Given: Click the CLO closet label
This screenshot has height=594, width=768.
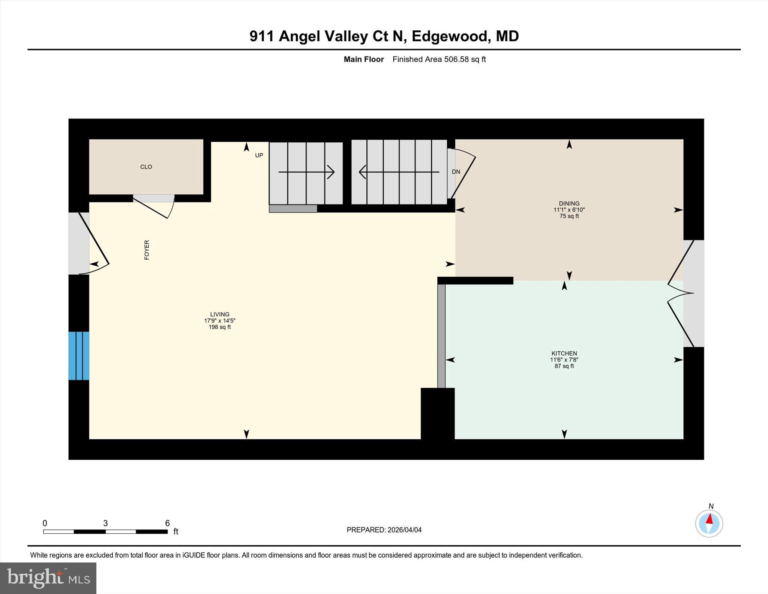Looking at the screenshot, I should click(146, 167).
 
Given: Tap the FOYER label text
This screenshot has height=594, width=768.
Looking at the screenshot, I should click(147, 250).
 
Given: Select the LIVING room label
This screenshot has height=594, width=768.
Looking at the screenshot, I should click(220, 314).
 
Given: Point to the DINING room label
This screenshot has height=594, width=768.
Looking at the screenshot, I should click(569, 203).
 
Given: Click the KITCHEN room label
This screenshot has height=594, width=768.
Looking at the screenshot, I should click(564, 353).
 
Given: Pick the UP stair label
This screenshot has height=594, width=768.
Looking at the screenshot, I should click(259, 155).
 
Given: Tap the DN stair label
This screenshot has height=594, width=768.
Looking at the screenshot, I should click(456, 172).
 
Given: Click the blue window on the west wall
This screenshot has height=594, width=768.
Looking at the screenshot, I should click(79, 356).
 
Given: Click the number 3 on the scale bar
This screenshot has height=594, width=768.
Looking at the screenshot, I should click(105, 523).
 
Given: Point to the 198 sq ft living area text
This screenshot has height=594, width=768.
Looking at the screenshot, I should click(220, 327).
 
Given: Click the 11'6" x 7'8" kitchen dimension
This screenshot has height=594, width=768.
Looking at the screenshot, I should click(564, 359).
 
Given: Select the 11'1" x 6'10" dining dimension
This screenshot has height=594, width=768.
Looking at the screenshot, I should click(569, 210).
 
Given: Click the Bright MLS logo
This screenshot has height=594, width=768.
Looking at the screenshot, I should click(48, 578).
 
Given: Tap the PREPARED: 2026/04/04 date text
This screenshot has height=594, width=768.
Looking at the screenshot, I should click(384, 530).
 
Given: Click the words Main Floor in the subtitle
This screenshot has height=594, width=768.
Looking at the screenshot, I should click(364, 59).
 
